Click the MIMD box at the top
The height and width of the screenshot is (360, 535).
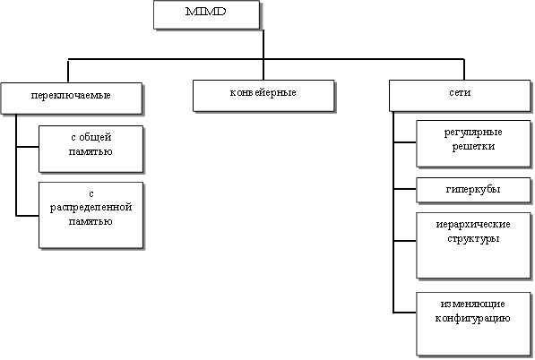pos(206,14)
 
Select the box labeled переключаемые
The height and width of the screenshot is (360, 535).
pos(72,99)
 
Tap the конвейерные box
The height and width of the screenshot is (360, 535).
pos(263,96)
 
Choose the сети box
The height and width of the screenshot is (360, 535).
pos(460,96)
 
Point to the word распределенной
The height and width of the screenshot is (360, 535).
pos(91,208)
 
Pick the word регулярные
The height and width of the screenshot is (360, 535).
pos(473,133)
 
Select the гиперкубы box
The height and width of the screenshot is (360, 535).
pos(473,190)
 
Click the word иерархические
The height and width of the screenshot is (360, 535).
pos(473,224)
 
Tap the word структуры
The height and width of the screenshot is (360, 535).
pos(473,238)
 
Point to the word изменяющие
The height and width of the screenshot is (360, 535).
pos(472,304)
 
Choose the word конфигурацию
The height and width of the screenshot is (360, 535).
pos(472,319)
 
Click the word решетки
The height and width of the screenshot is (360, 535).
pos(473,147)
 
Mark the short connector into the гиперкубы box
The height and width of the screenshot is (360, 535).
pos(405,189)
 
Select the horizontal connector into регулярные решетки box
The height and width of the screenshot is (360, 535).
pos(405,141)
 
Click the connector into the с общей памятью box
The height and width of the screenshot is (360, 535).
pos(27,147)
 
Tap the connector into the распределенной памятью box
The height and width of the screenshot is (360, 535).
pos(27,216)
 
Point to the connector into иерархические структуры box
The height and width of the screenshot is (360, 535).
pos(405,241)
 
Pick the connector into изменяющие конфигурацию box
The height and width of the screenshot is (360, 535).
pos(405,312)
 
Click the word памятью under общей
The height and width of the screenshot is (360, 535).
pos(91,151)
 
